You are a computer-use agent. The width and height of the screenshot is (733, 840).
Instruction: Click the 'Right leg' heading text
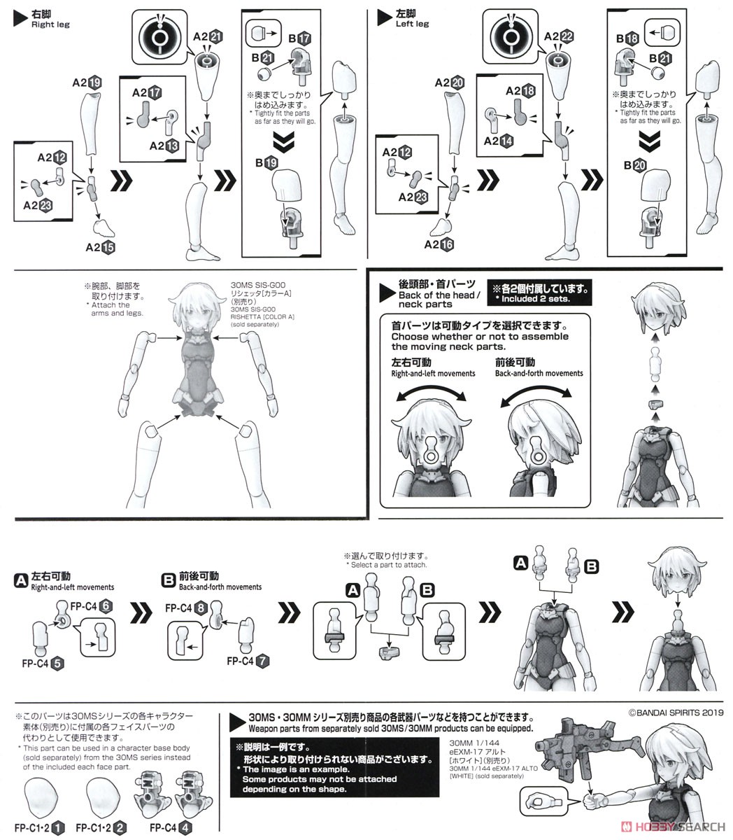pyautogui.click(x=50, y=24)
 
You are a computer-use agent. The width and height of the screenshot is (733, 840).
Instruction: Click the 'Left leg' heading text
pyautogui.click(x=412, y=24)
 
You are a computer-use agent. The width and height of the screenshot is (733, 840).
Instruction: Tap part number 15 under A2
pyautogui.click(x=107, y=246)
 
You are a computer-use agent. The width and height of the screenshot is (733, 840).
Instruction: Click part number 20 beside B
pyautogui.click(x=640, y=166)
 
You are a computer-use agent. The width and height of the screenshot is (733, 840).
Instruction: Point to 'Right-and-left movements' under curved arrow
pyautogui.click(x=433, y=373)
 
